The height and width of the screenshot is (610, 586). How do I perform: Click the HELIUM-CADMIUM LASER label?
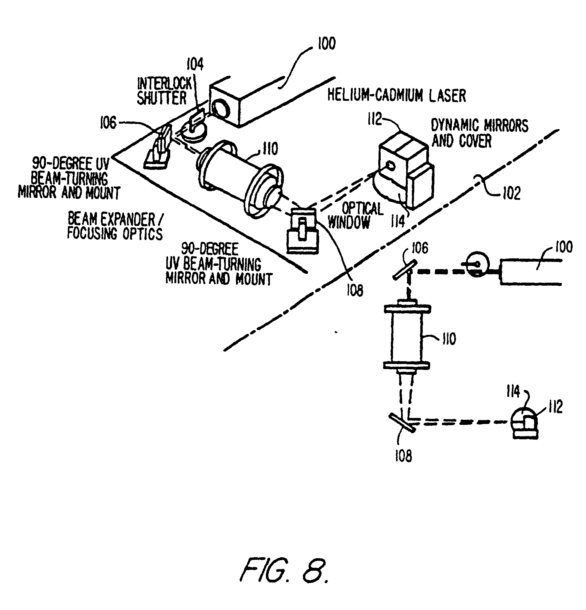(396, 95)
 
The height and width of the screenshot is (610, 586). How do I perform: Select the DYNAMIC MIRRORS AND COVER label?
(479, 133)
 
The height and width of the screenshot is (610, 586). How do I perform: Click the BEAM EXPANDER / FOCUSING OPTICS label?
(115, 226)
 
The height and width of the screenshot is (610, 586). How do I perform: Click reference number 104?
(195, 65)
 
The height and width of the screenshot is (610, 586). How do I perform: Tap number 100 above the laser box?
(326, 44)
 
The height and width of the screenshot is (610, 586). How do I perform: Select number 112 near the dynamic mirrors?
(374, 119)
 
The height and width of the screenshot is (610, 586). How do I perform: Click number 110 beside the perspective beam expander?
(270, 149)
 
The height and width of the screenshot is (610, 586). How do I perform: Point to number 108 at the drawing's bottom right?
(403, 456)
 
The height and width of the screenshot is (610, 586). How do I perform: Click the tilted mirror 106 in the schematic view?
(404, 270)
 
